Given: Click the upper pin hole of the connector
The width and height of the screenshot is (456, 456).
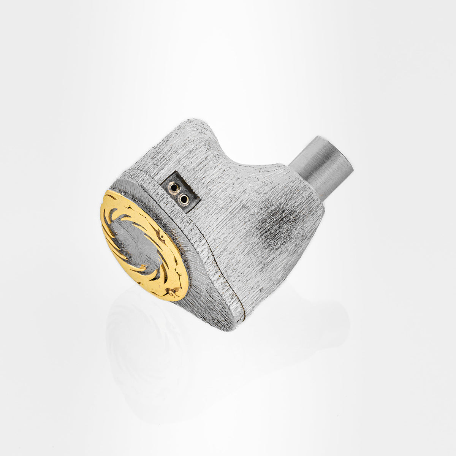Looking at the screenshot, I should pyautogui.click(x=174, y=187).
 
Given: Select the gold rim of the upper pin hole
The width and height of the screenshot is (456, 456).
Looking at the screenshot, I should pyautogui.click(x=172, y=185).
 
